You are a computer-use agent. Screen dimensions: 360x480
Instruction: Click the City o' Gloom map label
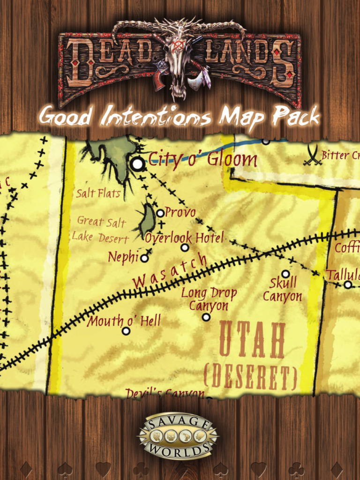(202, 160)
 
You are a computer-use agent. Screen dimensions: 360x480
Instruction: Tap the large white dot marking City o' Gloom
(137, 164)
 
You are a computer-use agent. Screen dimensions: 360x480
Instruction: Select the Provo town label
(180, 212)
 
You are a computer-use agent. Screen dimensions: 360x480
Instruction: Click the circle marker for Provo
(160, 213)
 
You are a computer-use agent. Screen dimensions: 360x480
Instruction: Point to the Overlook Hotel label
(184, 237)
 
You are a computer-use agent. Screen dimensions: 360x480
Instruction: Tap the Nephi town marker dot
(144, 258)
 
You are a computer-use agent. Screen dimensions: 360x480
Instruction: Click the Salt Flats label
(98, 193)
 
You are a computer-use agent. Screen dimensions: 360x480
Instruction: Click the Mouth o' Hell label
(124, 321)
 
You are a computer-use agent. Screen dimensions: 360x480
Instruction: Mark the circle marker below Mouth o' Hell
(126, 331)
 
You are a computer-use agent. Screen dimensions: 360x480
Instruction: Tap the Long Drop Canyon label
(209, 299)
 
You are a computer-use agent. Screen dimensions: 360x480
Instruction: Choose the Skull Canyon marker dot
(285, 274)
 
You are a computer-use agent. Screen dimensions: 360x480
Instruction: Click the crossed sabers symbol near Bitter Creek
(312, 156)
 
